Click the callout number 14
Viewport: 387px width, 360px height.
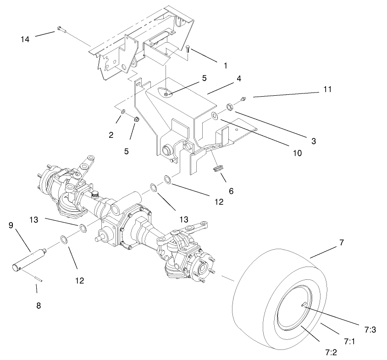pyautogui.click(x=25, y=39)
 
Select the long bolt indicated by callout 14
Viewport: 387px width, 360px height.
pyautogui.click(x=61, y=30)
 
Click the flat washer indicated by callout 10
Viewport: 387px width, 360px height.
pyautogui.click(x=215, y=116)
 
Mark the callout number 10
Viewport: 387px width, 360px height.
pyautogui.click(x=297, y=153)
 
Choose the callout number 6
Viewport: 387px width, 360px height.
pyautogui.click(x=231, y=191)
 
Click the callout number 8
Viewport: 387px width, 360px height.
pyautogui.click(x=39, y=305)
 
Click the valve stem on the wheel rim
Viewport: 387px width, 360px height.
pyautogui.click(x=304, y=305)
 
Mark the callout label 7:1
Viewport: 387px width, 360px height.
pyautogui.click(x=349, y=341)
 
